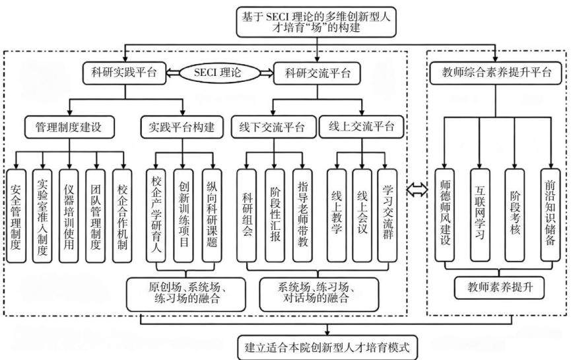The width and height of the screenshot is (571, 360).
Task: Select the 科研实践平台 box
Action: (x=125, y=73)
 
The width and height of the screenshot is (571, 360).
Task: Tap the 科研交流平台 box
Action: (x=317, y=73)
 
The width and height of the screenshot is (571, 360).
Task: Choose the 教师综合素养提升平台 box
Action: (x=496, y=73)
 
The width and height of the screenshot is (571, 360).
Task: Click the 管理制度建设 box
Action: (x=69, y=127)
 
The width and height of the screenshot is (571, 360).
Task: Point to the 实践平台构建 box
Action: (x=182, y=127)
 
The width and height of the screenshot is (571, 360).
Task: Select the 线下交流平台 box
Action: (x=273, y=127)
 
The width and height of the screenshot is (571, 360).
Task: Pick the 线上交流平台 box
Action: (x=362, y=127)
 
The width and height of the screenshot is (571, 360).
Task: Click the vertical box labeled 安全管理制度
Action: (x=16, y=216)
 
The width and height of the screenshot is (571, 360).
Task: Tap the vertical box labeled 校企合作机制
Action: (x=122, y=216)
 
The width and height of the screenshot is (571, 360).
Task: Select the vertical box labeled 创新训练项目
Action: (x=184, y=216)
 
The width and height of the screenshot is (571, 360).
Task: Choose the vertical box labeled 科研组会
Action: (x=246, y=215)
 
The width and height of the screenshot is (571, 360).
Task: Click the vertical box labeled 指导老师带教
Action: (x=302, y=215)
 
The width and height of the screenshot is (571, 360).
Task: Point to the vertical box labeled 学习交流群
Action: (x=387, y=215)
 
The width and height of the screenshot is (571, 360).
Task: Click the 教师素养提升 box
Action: (x=499, y=288)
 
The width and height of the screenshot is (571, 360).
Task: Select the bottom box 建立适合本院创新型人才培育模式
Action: (x=327, y=347)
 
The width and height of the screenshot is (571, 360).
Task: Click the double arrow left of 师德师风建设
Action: (x=417, y=190)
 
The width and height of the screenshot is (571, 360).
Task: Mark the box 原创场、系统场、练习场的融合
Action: (x=186, y=294)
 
